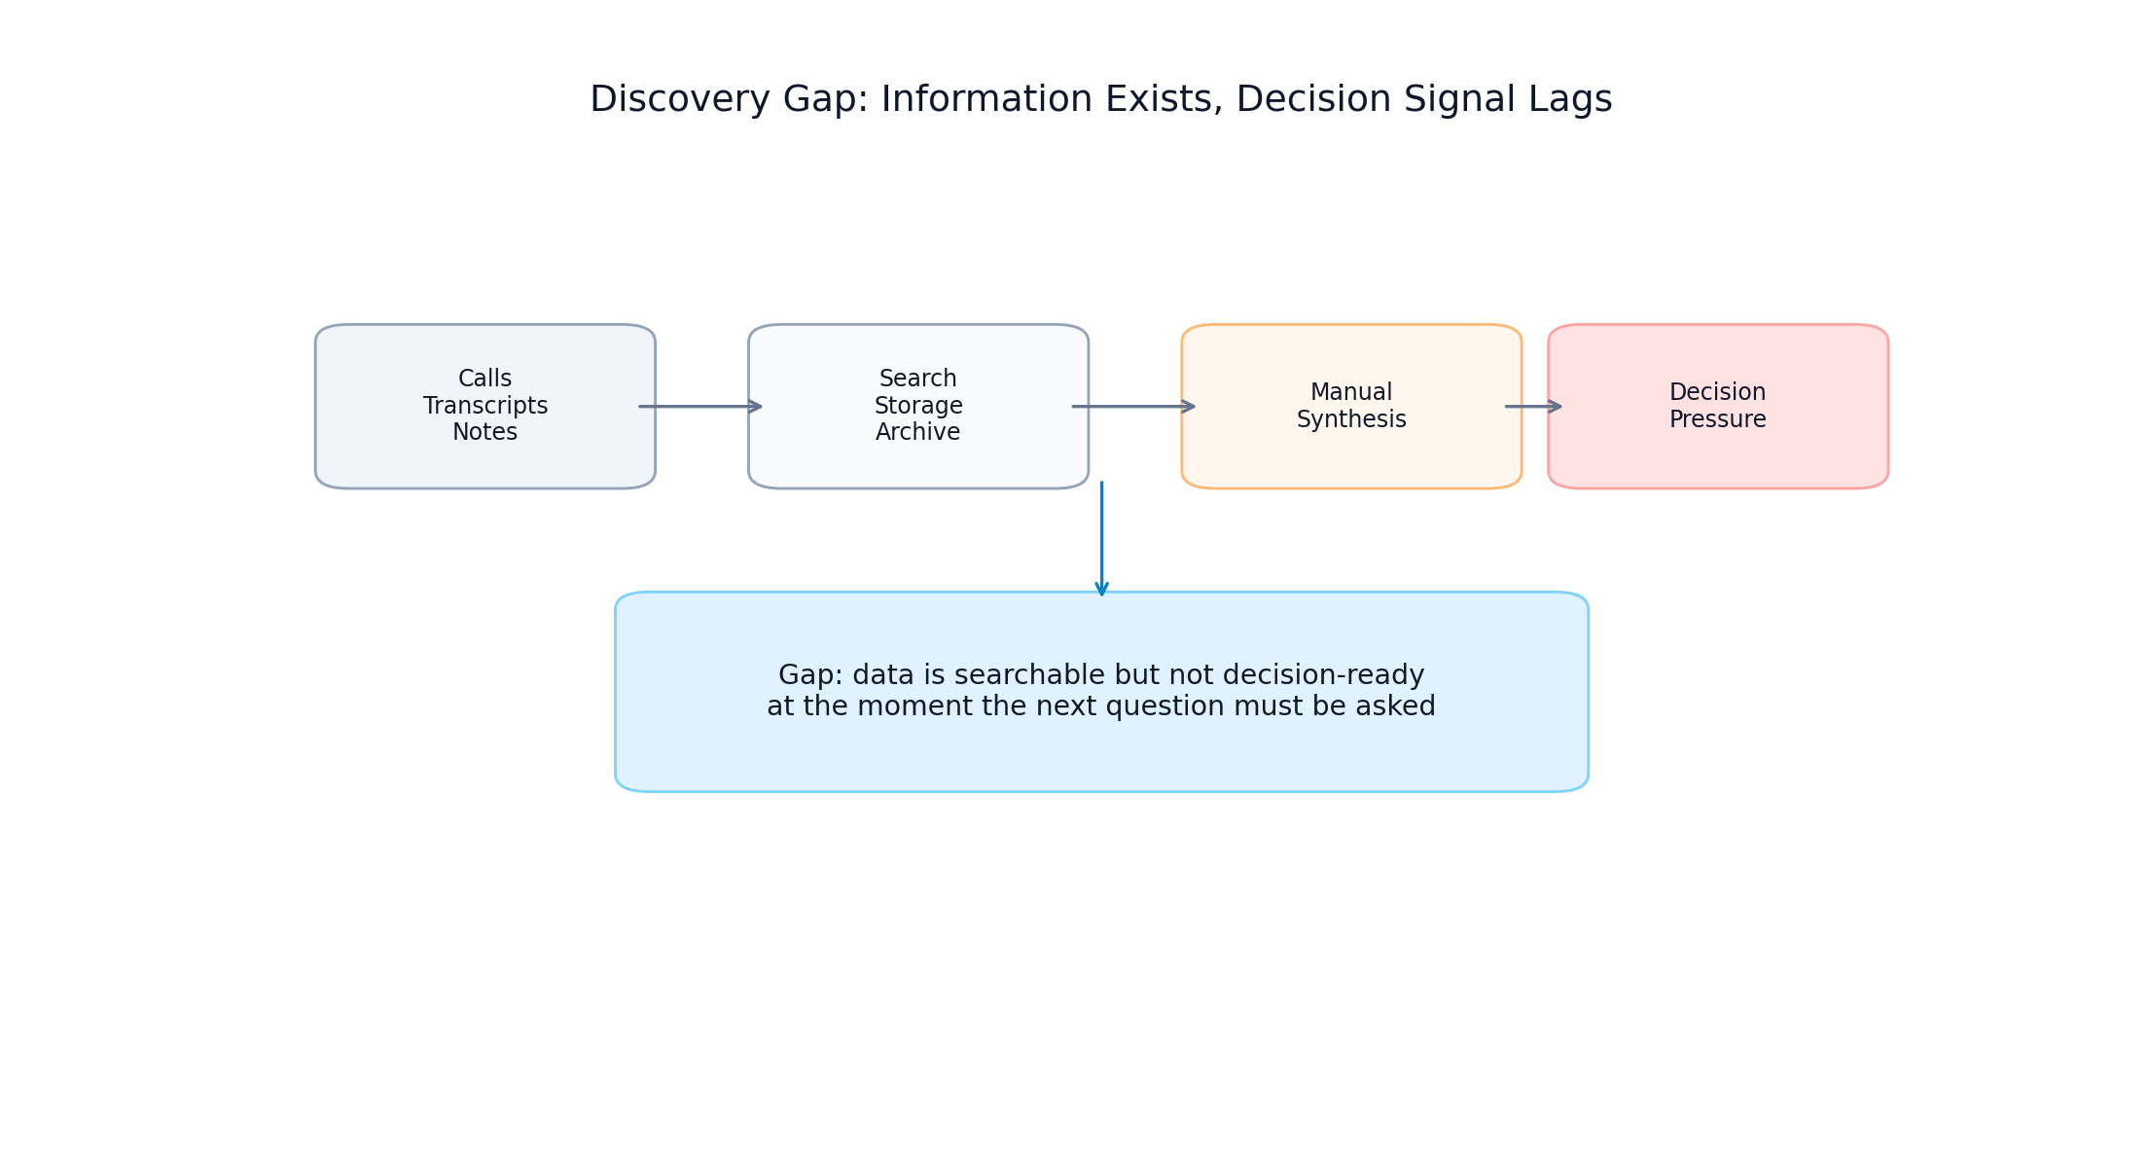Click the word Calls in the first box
(x=484, y=379)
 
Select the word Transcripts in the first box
(x=484, y=406)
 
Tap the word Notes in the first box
(x=484, y=432)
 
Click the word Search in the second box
(x=917, y=379)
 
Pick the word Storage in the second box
(x=917, y=406)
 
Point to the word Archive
(x=917, y=432)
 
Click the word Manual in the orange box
(x=1350, y=392)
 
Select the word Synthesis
(x=1350, y=419)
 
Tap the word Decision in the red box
(x=1717, y=392)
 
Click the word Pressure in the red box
(x=1717, y=419)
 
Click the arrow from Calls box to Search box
(x=699, y=407)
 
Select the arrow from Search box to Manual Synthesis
(x=1132, y=407)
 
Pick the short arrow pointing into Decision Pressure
(x=1533, y=407)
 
